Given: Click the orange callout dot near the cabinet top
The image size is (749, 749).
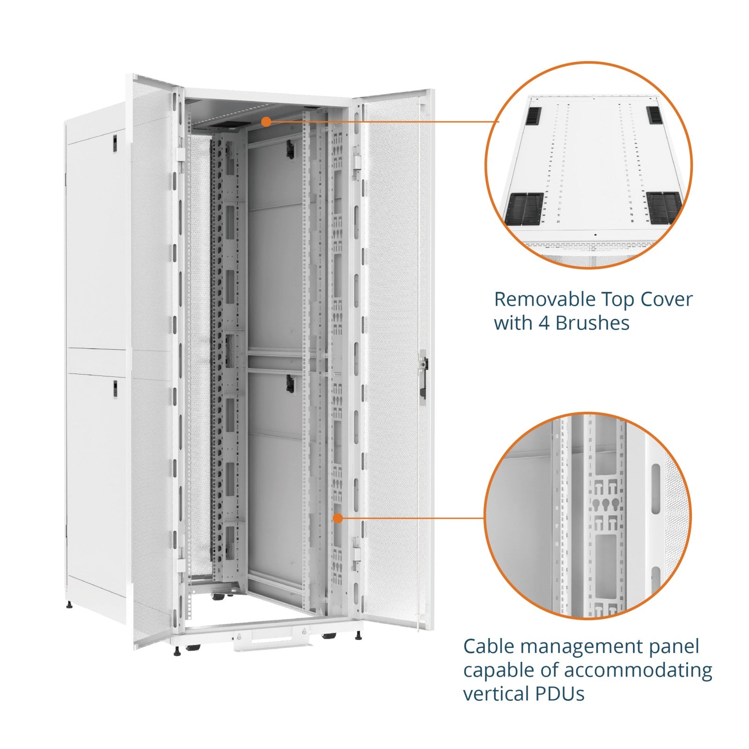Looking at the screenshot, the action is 266,122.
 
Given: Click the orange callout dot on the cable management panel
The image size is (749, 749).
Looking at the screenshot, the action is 338,518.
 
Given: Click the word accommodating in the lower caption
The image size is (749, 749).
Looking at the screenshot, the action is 638,671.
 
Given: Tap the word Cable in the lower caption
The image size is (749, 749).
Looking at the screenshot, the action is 489,646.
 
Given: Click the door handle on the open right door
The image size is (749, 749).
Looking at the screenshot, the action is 423,374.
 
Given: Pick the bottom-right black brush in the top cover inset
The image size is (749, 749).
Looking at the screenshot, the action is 663,207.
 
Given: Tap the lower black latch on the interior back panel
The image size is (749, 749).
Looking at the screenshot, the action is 290,383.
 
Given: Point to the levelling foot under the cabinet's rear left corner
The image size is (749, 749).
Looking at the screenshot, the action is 70,604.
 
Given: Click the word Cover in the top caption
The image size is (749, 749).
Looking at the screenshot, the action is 667,299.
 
